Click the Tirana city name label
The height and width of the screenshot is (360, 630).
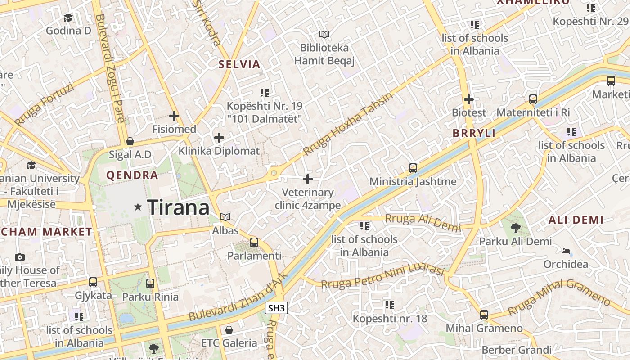[179, 207]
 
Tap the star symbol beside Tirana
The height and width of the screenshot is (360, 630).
[138, 207]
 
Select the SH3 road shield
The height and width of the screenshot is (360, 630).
[276, 308]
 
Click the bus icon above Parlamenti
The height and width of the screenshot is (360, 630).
[254, 243]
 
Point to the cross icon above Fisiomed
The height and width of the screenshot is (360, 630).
[174, 116]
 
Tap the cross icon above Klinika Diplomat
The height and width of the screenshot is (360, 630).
[219, 138]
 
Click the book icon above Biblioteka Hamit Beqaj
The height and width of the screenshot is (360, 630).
[324, 34]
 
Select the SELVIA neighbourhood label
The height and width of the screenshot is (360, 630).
[239, 64]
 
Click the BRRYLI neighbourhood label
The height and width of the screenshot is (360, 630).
[474, 133]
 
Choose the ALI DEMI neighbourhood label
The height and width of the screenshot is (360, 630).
[576, 220]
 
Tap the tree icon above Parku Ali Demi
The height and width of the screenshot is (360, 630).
[516, 228]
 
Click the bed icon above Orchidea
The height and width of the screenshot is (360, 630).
[566, 251]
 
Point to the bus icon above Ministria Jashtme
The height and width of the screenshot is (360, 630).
[413, 168]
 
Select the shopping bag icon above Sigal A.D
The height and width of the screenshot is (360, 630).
[130, 141]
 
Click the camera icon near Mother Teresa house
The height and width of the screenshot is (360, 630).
[20, 257]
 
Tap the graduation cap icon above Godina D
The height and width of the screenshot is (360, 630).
[68, 18]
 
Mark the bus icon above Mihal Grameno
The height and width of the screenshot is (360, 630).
[484, 315]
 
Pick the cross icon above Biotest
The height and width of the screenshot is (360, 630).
[469, 99]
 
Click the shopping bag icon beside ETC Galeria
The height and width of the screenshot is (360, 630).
[229, 330]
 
